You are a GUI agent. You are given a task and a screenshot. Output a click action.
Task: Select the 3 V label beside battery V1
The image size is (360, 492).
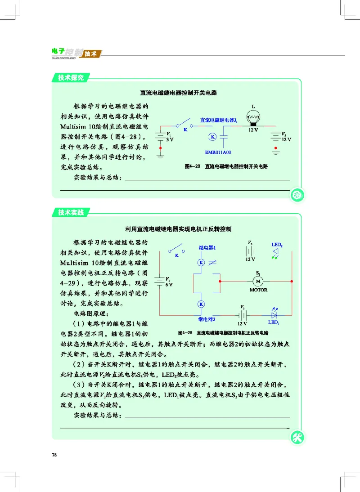[170, 140]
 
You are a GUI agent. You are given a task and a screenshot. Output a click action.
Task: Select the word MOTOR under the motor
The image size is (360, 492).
[258, 290]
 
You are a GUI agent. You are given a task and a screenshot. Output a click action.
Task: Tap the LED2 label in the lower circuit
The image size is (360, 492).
[277, 245]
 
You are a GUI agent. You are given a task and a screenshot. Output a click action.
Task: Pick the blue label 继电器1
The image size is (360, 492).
[207, 248]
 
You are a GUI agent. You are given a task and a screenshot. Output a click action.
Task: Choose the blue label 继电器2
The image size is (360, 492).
[207, 319]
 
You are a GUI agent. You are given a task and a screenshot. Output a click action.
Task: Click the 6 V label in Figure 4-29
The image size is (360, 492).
[169, 285]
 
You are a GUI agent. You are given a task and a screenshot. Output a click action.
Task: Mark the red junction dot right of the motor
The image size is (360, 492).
[292, 282]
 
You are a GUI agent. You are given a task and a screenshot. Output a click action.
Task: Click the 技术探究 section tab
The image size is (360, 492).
[71, 78]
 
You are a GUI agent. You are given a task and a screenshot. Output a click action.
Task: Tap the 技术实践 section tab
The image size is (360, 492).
[71, 213]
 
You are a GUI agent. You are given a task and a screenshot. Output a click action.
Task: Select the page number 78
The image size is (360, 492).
[54, 455]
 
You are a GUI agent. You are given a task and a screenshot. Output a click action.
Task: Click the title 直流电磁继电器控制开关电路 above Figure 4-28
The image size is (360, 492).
[179, 93]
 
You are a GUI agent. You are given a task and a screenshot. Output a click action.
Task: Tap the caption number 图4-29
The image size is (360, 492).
[185, 333]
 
